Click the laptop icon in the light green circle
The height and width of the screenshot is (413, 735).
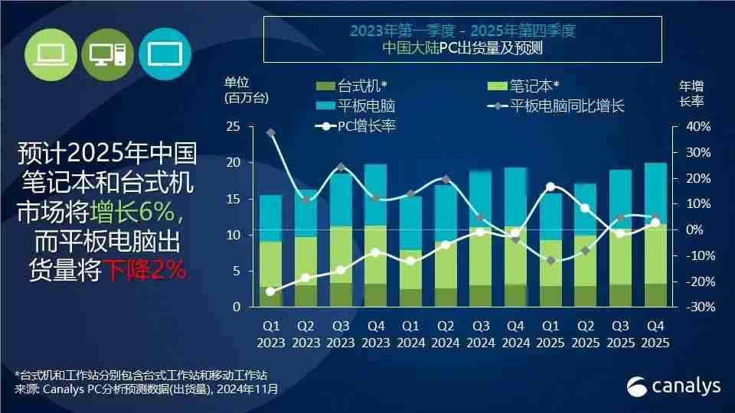tap(52, 54)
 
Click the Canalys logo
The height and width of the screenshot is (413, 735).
tap(674, 386)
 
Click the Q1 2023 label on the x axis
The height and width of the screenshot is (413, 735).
tap(270, 333)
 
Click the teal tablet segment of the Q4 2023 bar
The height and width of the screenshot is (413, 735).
tap(375, 194)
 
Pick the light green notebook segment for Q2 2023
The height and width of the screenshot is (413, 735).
tap(305, 260)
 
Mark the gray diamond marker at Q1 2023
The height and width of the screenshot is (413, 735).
tap(271, 133)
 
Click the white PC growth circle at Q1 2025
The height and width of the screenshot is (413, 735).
tap(550, 187)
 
